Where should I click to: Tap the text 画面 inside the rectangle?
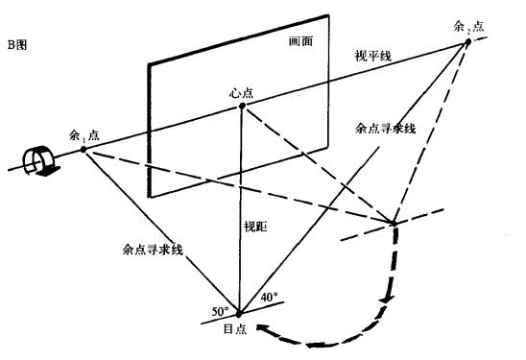[x=301, y=42]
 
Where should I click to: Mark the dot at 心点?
[x=242, y=106]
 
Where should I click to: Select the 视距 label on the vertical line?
[x=253, y=230]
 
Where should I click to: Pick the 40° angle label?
[x=270, y=298]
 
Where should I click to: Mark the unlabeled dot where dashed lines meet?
[x=394, y=224]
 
